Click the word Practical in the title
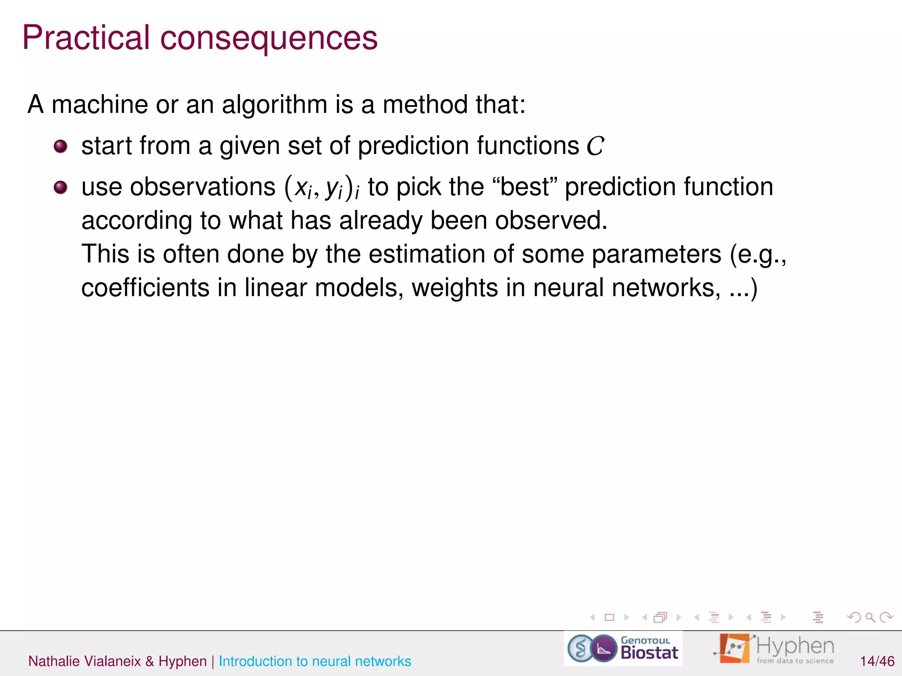coord(86,38)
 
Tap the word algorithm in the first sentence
coord(274,105)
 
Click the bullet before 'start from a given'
coord(60,146)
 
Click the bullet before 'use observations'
coord(60,187)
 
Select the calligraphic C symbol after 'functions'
coord(595,146)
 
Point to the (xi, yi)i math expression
coord(322,187)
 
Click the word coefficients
coord(145,288)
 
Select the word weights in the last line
coord(455,289)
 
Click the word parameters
coord(656,255)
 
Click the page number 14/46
coord(877,661)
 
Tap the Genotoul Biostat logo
coord(623,649)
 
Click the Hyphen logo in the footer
coord(775,649)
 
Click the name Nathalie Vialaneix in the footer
coord(84,661)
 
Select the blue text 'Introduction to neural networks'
coord(314,661)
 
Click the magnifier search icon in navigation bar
coord(870,617)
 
